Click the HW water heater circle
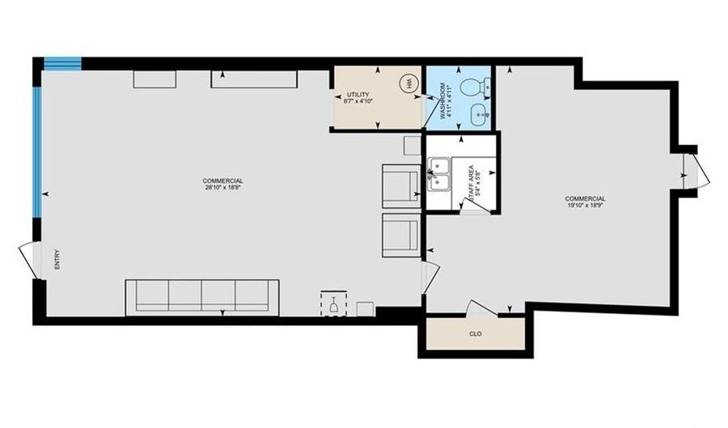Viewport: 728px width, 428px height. tap(409, 83)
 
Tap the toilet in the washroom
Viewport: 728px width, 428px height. tap(472, 84)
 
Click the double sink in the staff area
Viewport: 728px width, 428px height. tap(439, 174)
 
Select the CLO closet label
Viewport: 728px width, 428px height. tap(475, 333)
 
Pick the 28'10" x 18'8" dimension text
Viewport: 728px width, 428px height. tap(223, 187)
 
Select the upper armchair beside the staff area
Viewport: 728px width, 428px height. tap(400, 184)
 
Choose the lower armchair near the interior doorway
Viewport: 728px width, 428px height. tap(400, 234)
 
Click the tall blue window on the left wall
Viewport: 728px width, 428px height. tap(36, 151)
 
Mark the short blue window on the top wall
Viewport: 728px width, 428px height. tap(62, 61)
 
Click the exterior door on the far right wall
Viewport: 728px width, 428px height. tap(694, 170)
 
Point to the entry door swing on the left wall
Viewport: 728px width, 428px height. tap(28, 261)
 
